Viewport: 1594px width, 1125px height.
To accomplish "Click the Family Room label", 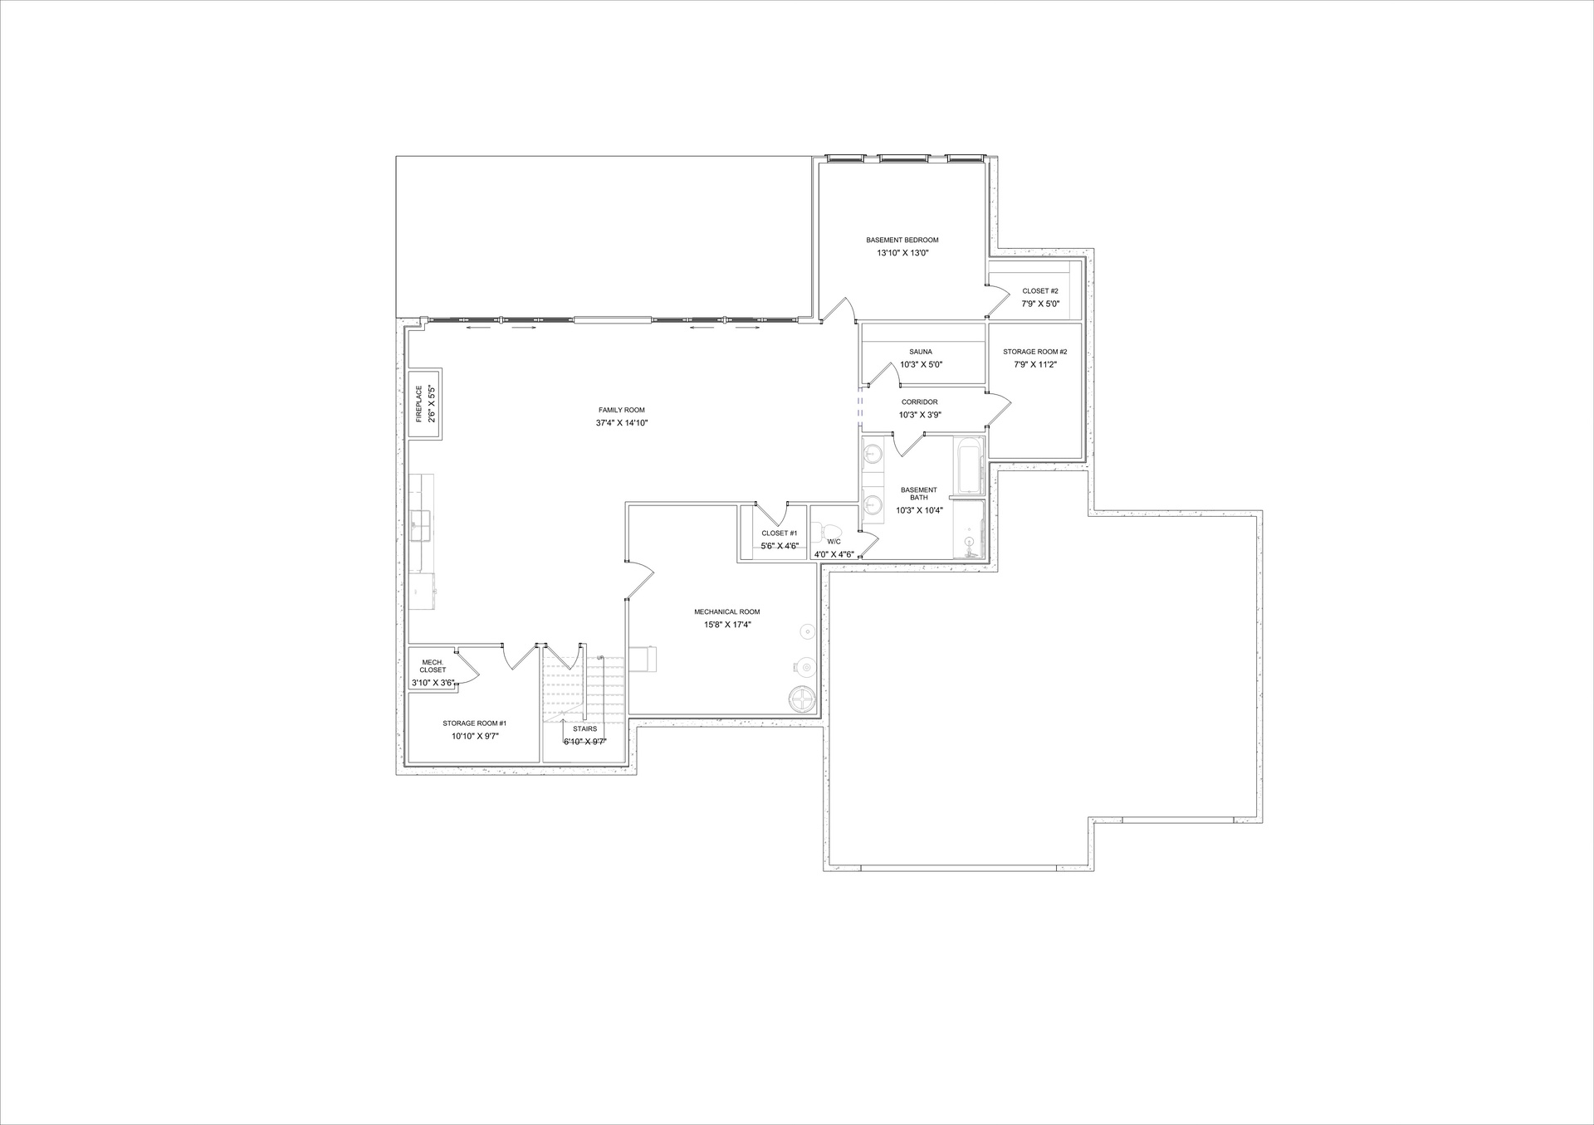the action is (x=621, y=410).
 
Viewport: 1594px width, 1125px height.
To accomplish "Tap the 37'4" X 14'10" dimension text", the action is (x=621, y=423).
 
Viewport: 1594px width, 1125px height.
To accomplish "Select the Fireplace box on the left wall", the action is (x=425, y=403).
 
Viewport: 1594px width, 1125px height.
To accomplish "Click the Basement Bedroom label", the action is (x=902, y=241).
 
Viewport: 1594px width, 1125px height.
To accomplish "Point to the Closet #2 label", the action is (x=1040, y=291).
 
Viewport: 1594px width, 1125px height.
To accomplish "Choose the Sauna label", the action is (x=921, y=352).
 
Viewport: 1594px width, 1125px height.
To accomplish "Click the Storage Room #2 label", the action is (x=1034, y=352).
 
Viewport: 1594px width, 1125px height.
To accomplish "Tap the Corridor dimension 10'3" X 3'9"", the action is (x=920, y=415).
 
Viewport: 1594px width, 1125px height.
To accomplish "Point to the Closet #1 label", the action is (x=780, y=533).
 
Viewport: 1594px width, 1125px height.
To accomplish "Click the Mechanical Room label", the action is (x=726, y=612).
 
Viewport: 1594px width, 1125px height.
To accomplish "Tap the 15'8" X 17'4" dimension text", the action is (x=727, y=626).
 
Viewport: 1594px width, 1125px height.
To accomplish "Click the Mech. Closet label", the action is (x=433, y=666).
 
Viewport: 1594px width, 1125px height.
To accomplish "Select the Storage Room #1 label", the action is (x=475, y=723).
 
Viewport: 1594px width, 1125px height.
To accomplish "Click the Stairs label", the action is (x=585, y=729).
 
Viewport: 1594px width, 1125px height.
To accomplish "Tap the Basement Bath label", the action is (x=918, y=494).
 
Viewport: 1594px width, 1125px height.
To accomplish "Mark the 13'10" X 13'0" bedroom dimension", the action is (x=902, y=253).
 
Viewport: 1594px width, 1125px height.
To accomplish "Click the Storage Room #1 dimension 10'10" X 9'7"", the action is (x=475, y=737).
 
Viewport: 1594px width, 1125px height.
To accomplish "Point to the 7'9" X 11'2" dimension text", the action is (x=1034, y=364).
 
